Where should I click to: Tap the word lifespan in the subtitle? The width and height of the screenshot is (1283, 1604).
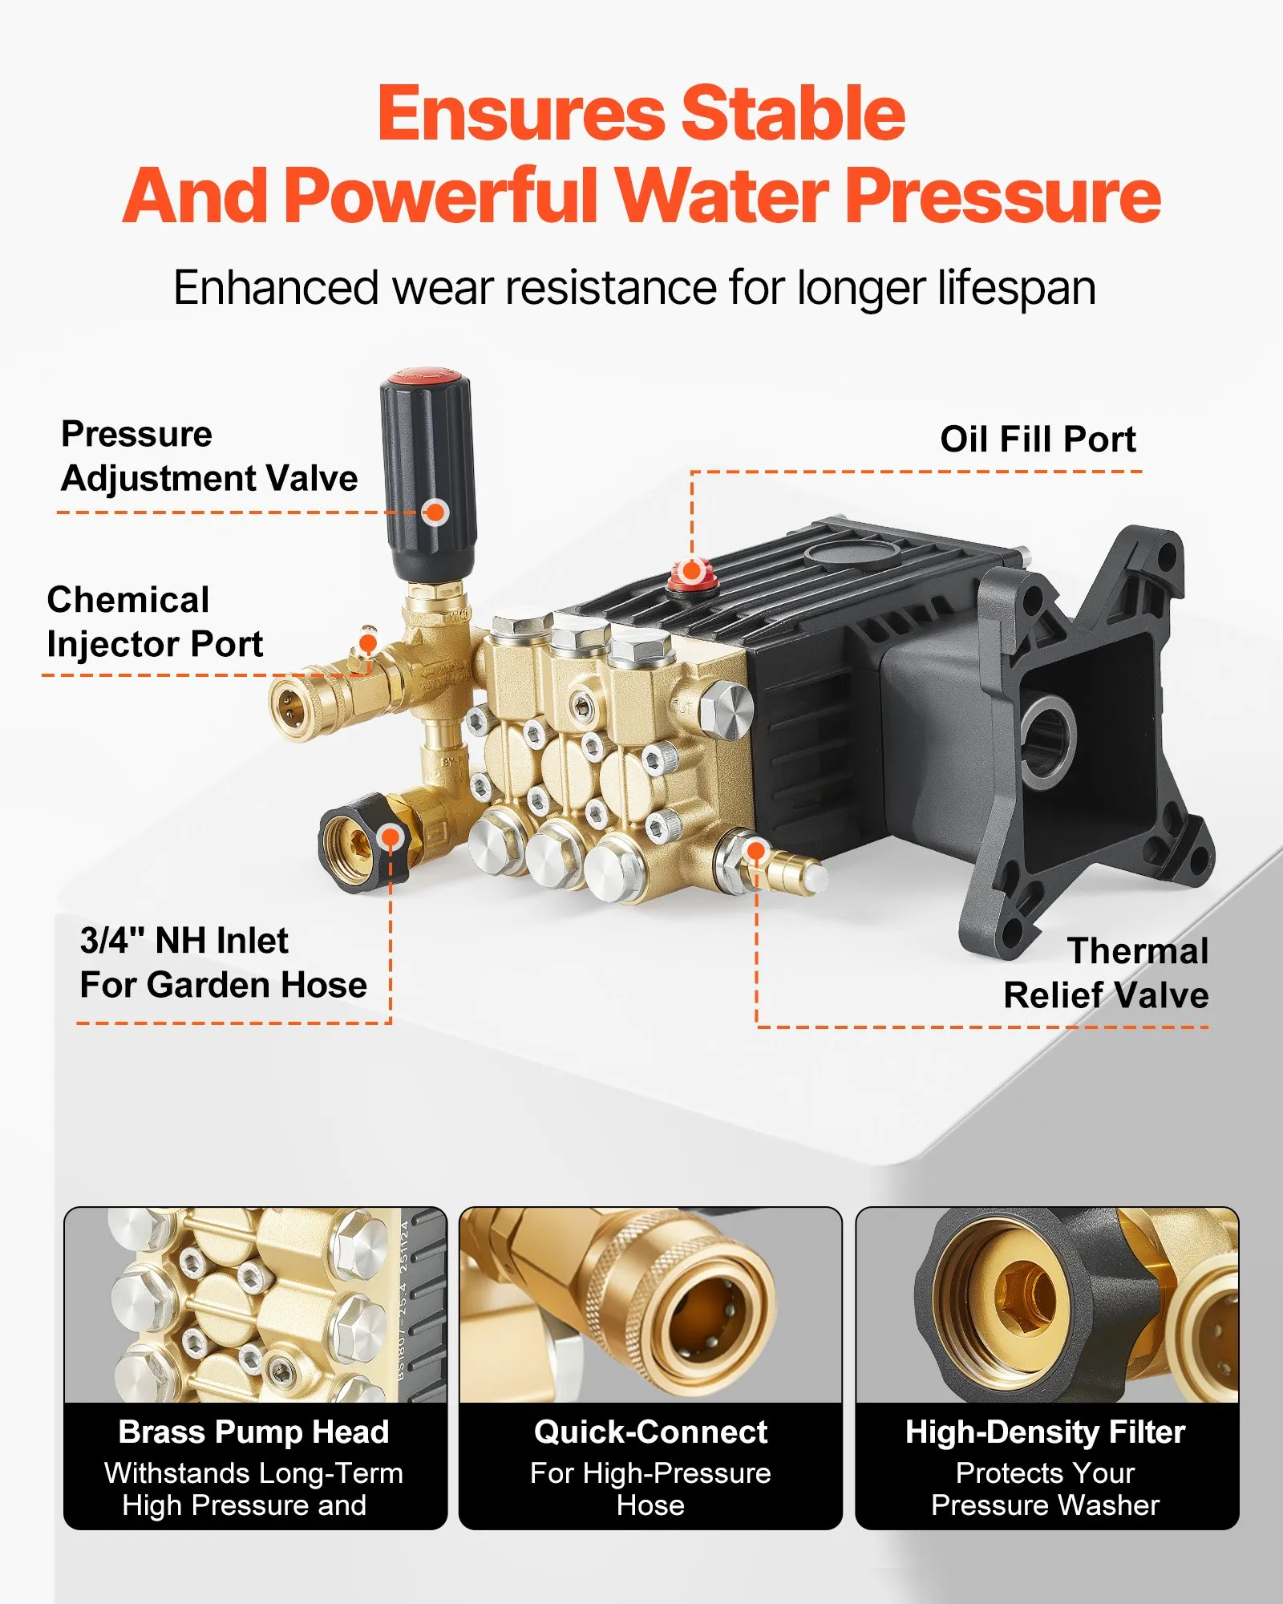1017,288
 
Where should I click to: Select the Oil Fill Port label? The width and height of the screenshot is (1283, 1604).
1038,439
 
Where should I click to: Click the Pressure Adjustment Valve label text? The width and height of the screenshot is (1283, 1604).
209,456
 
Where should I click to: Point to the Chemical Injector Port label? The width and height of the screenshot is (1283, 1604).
155,622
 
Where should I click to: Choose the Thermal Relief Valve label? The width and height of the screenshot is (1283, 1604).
1107,973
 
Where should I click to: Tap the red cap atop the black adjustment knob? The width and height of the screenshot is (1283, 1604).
425,376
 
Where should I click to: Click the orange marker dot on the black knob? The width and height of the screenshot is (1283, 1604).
435,512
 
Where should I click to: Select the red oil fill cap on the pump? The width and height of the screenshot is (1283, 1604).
691,574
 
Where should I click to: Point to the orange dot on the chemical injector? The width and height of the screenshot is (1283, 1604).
368,643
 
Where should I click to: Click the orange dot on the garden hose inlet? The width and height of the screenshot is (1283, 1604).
391,838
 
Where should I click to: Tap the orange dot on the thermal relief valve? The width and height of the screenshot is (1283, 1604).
755,850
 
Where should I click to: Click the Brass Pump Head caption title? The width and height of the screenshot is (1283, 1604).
254,1432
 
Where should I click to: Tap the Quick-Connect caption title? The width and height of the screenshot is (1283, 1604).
650,1432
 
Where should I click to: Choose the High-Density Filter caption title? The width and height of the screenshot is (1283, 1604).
1046,1432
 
